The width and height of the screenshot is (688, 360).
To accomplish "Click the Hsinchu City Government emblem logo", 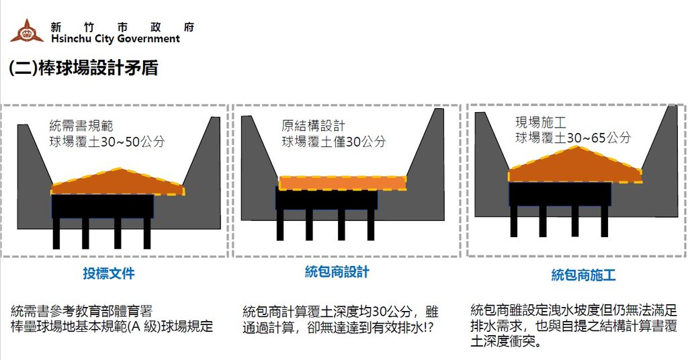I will [x=26, y=31].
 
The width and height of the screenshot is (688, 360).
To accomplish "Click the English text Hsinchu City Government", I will [x=115, y=39].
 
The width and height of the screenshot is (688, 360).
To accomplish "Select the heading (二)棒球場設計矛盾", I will [x=83, y=68].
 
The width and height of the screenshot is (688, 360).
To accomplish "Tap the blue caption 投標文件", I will [x=109, y=274].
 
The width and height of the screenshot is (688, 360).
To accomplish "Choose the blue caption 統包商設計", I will [x=337, y=272].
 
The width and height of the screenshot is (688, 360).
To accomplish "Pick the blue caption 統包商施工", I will [x=583, y=275].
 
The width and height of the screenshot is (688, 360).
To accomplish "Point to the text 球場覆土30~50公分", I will [x=106, y=142].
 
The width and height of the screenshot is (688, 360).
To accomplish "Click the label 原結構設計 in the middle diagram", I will [x=313, y=126].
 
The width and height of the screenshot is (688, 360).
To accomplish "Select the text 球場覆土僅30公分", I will [x=333, y=142].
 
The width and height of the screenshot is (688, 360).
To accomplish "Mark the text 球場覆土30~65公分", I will [x=573, y=138].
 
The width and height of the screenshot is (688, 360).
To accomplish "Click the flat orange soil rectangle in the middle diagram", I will [x=343, y=183].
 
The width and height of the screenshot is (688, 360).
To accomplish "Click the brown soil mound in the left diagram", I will [x=118, y=183].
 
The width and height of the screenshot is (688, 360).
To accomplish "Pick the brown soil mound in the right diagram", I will [x=574, y=168].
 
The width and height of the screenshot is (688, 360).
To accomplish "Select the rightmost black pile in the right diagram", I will [x=604, y=221].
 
